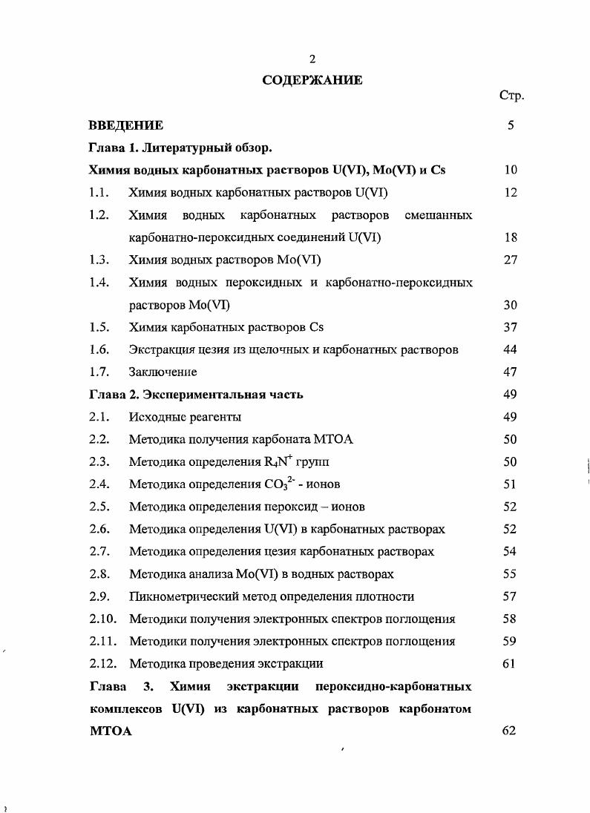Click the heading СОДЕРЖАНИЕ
click(x=312, y=80)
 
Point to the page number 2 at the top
click(x=312, y=60)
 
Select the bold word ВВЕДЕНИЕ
click(x=125, y=125)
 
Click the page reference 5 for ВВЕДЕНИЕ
click(x=511, y=125)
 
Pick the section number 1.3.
click(x=99, y=260)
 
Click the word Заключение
click(x=163, y=372)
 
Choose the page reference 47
click(x=509, y=372)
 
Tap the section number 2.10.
click(x=102, y=619)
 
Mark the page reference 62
click(x=509, y=731)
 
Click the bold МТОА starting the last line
click(x=110, y=731)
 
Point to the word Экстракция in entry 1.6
click(x=160, y=349)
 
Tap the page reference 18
click(x=509, y=237)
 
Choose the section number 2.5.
click(x=99, y=507)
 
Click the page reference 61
click(x=509, y=663)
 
